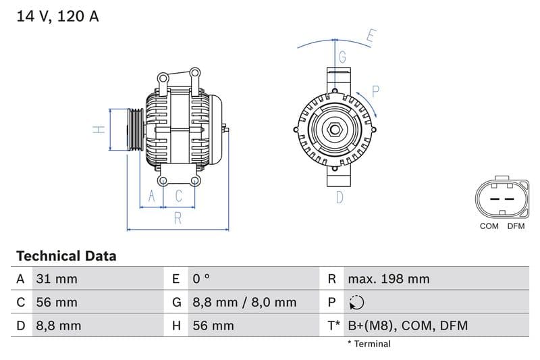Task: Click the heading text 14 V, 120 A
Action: [x=57, y=16]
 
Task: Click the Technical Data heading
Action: [x=66, y=256]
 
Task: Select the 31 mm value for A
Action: [x=57, y=279]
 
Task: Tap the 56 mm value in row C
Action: [x=57, y=302]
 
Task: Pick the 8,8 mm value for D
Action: [x=58, y=326]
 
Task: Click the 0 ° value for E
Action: [x=202, y=279]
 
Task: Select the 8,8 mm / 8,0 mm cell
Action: [x=244, y=302]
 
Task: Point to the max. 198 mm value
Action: [x=388, y=279]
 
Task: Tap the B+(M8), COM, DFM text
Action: [x=407, y=326]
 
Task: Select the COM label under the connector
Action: [x=489, y=226]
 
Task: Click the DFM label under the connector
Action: [x=516, y=226]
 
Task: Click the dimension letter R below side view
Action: [x=178, y=217]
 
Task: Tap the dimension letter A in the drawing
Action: [x=152, y=196]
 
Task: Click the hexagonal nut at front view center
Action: [x=335, y=130]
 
